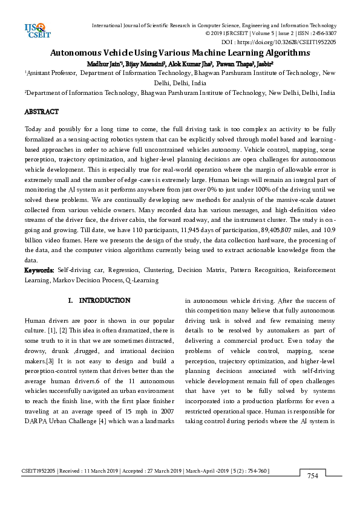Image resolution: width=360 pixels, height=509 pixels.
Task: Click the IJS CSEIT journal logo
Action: click(x=36, y=28)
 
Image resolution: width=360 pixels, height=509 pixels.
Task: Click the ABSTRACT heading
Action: click(x=41, y=112)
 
